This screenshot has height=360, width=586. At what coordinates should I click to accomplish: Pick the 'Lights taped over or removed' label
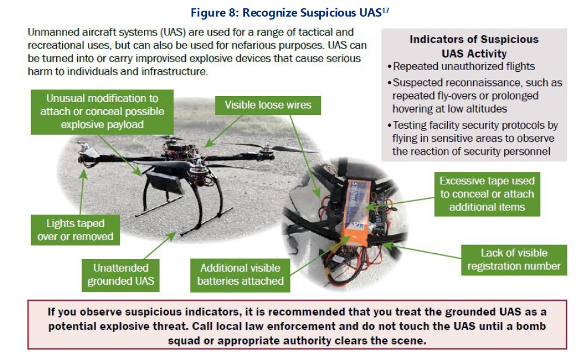click(75, 230)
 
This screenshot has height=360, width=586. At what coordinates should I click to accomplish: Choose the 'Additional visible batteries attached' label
click(240, 274)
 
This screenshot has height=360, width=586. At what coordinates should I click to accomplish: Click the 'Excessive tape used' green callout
click(487, 194)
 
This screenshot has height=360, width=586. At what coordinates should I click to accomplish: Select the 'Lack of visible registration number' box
click(514, 259)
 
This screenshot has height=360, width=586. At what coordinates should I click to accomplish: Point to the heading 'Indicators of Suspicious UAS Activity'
click(474, 46)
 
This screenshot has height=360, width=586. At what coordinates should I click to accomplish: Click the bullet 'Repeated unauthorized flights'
click(463, 66)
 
